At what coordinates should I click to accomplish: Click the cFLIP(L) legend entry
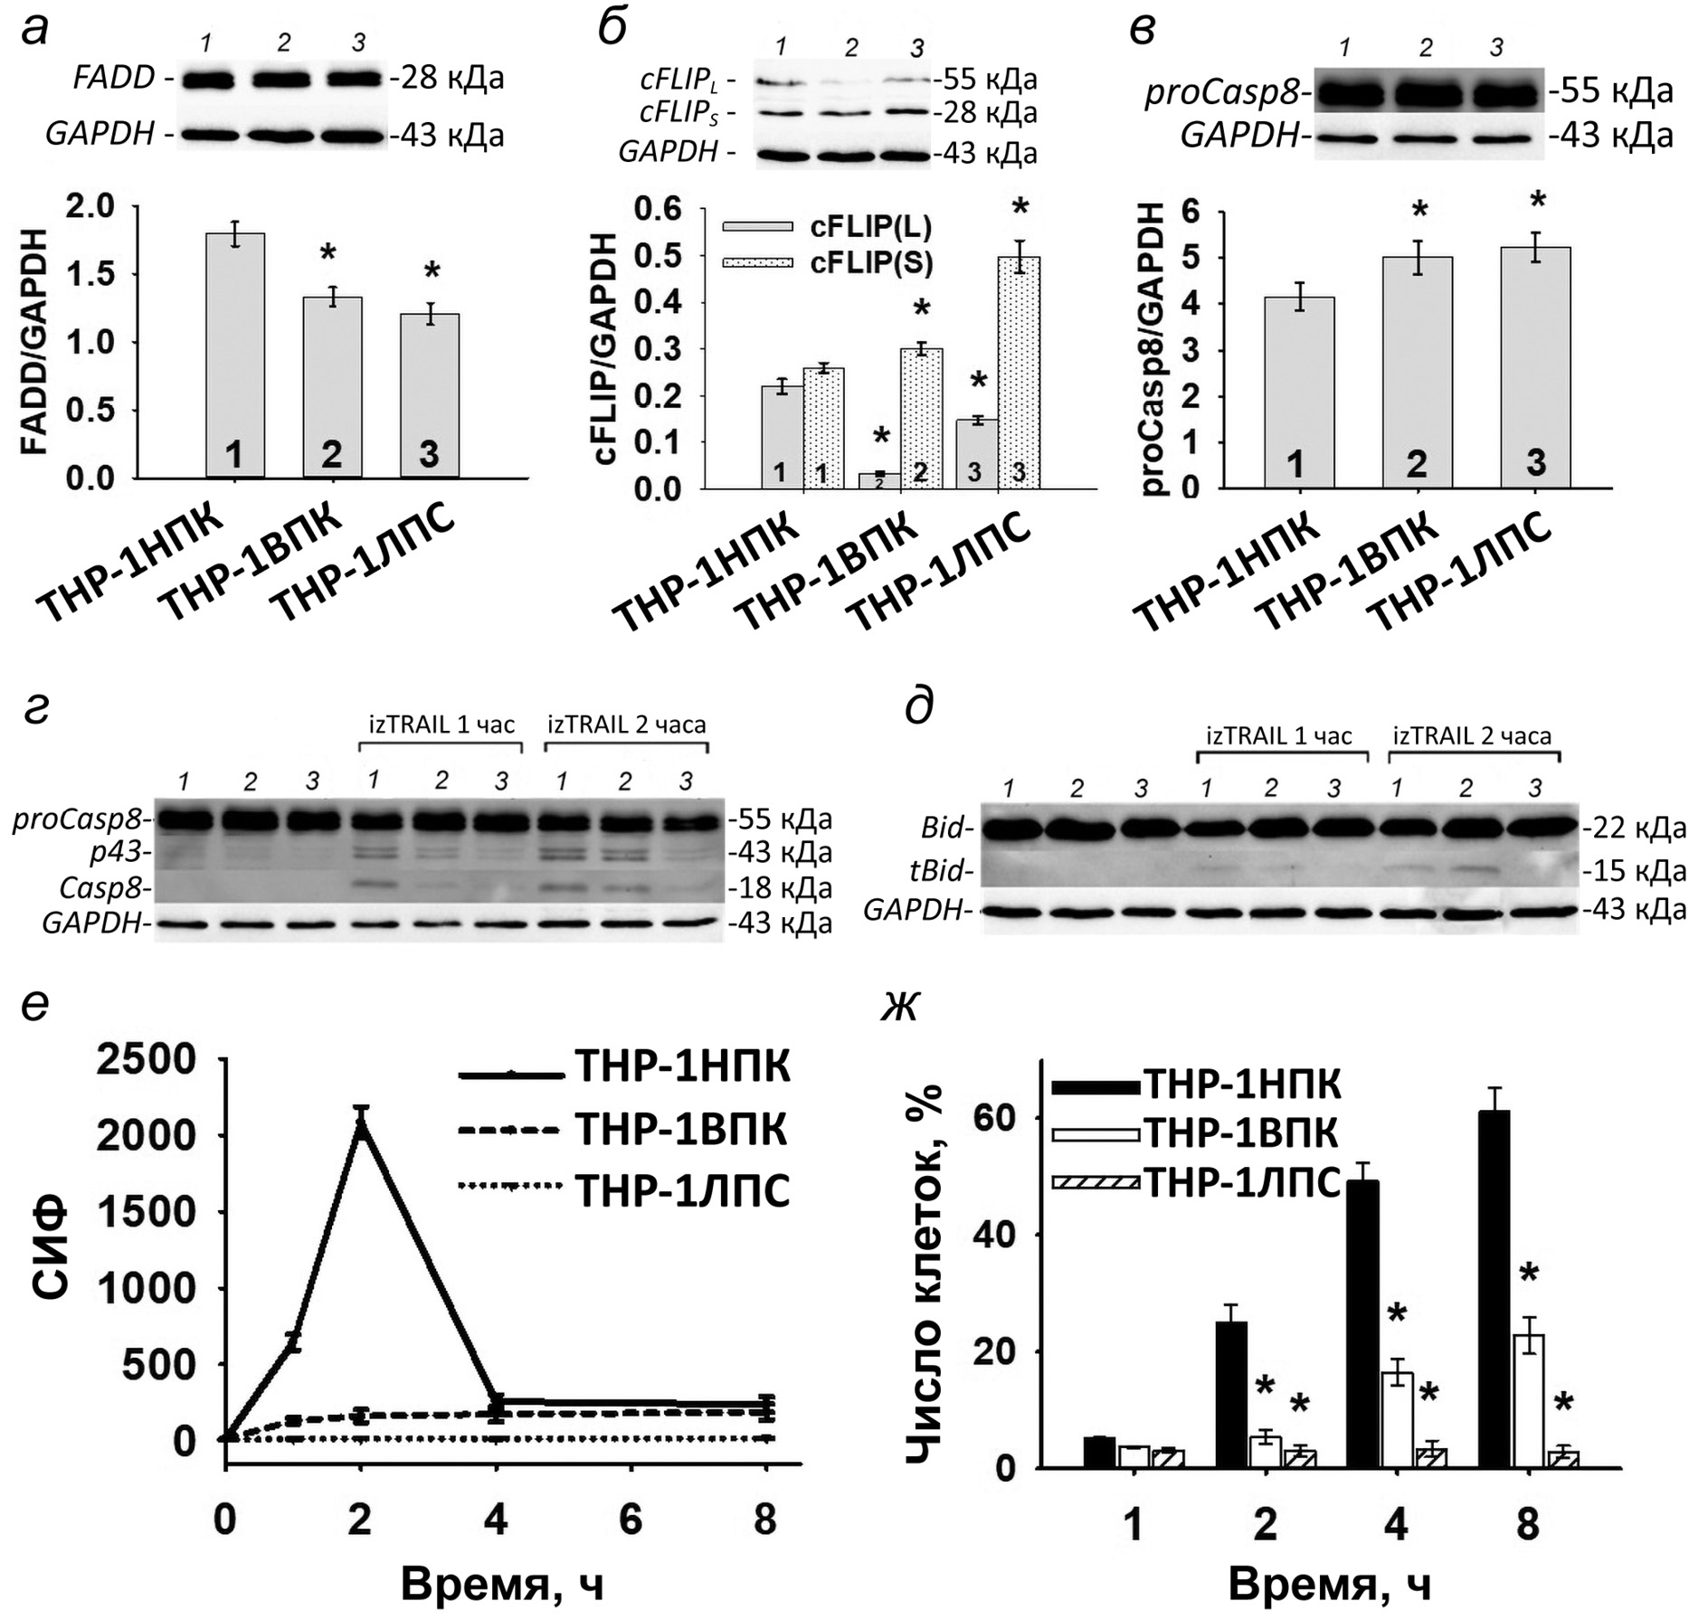[x=827, y=227]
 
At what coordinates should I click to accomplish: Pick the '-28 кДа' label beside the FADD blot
[x=447, y=79]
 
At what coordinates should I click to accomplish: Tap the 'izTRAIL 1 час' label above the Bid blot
[x=1278, y=735]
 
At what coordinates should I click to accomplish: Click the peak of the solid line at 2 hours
[x=361, y=1124]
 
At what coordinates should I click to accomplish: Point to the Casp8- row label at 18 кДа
[x=101, y=888]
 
